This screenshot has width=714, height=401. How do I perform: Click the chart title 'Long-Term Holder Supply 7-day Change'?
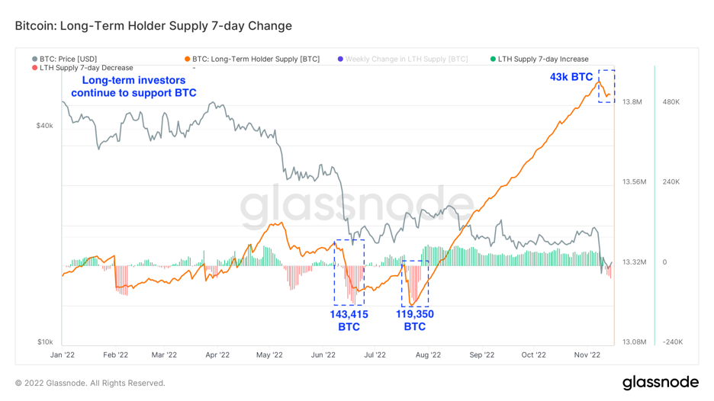click(x=153, y=26)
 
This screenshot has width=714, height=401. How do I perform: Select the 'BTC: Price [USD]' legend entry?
click(x=68, y=59)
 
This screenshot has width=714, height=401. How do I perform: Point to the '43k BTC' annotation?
click(x=571, y=77)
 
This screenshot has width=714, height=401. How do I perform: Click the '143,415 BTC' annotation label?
click(x=349, y=320)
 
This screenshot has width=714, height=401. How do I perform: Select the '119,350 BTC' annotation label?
click(x=414, y=320)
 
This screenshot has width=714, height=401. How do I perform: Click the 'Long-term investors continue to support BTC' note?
click(x=133, y=86)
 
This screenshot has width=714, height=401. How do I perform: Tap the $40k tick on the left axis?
click(x=44, y=125)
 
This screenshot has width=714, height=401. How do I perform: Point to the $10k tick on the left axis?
click(x=44, y=342)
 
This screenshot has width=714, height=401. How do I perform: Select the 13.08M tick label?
click(x=635, y=342)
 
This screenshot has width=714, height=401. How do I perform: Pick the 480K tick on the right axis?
click(x=671, y=102)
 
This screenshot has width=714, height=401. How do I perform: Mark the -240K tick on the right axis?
click(x=671, y=342)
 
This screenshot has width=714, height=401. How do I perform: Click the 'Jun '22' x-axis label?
click(x=324, y=354)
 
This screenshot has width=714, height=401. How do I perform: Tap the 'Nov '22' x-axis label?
click(x=587, y=354)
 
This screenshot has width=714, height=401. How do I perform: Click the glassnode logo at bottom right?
click(x=660, y=382)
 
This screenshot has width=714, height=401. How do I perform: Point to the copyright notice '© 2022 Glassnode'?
click(x=90, y=383)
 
